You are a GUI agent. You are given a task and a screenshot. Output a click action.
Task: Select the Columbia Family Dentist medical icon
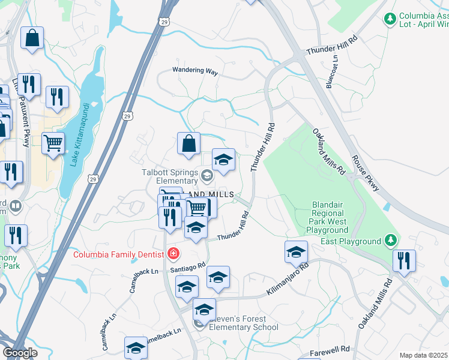(x=173, y=254)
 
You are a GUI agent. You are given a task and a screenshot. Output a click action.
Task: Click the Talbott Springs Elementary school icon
(x=207, y=175)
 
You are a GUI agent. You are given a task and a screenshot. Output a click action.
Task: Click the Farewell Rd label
(x=330, y=349)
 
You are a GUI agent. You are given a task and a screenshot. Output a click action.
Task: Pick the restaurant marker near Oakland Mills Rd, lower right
(x=403, y=261)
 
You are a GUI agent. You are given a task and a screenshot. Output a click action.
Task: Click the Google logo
(x=20, y=353)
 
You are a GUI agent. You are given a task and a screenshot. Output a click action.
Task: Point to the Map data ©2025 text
(x=424, y=355)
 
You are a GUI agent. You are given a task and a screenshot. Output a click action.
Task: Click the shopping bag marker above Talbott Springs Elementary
(x=188, y=145)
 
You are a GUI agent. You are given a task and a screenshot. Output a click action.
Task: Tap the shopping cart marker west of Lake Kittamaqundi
(x=53, y=144)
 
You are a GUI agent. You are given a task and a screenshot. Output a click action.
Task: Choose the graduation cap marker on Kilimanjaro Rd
(x=296, y=253)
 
